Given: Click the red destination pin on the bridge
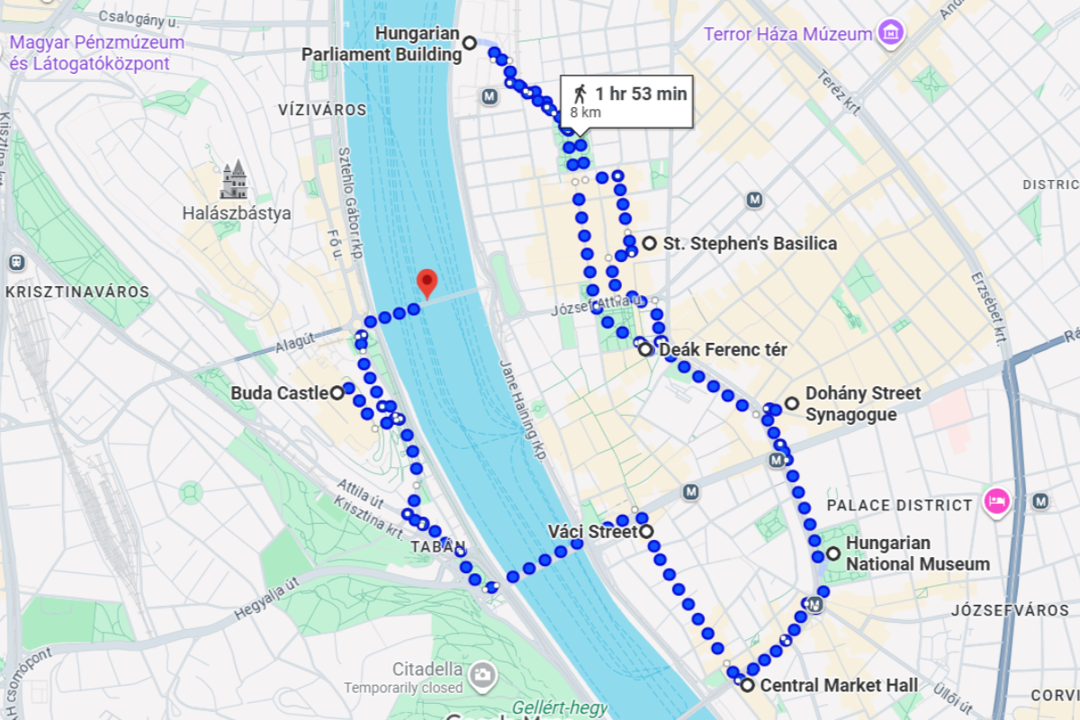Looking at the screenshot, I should [427, 283].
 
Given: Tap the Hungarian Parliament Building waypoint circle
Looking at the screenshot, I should [469, 42].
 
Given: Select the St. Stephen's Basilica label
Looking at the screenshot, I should [750, 244].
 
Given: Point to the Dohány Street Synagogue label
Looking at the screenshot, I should [862, 404].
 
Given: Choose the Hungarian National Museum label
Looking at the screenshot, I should [917, 554].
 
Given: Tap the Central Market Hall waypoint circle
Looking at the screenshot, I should [747, 685].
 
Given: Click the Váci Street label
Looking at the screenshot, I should [591, 532].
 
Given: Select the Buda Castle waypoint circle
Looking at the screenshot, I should [337, 392].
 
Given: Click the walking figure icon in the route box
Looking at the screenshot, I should [580, 94].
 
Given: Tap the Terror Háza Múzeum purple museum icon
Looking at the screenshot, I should [891, 34].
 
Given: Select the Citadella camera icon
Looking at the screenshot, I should [483, 672].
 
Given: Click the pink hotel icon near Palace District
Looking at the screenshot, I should [995, 500].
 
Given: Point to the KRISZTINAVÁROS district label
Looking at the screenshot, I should [76, 292].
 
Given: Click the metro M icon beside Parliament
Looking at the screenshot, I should [489, 96].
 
